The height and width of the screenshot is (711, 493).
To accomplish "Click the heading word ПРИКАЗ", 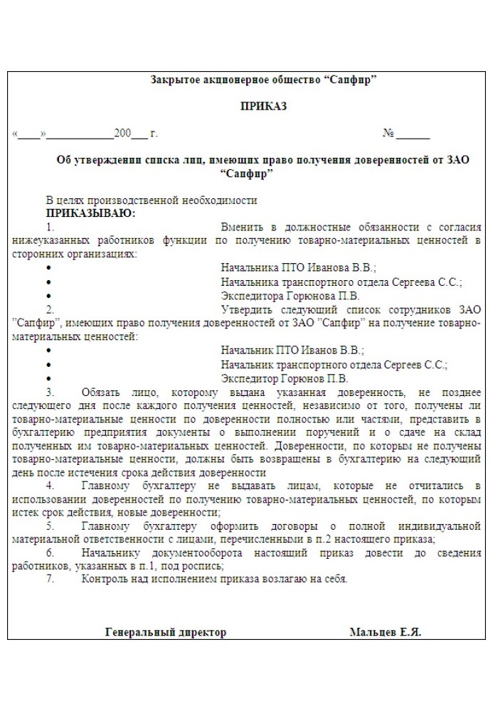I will click(x=263, y=107).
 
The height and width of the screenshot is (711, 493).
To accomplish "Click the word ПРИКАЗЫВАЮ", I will click(x=90, y=213).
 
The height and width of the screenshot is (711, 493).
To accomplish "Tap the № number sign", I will click(x=388, y=133).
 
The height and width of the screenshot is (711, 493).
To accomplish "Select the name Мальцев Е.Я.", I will click(x=385, y=631).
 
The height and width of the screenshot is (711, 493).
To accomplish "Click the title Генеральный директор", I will click(x=165, y=631).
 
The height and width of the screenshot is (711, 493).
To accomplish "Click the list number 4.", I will click(x=51, y=485).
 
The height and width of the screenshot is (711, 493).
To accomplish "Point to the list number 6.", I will click(x=51, y=552).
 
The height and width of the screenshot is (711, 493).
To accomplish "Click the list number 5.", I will click(x=51, y=525).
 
